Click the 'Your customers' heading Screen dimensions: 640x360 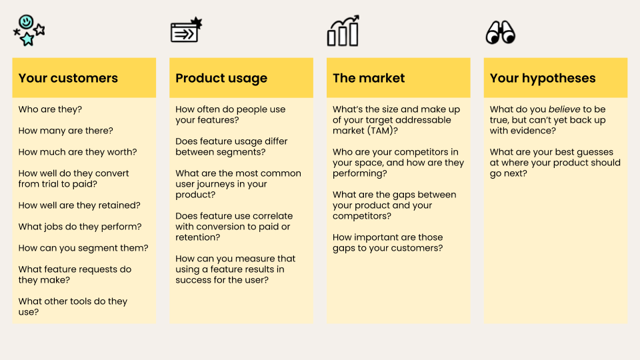click(x=68, y=78)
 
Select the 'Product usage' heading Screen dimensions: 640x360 click(x=221, y=79)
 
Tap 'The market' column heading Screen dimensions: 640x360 click(x=369, y=78)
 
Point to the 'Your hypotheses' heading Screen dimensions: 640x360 click(x=543, y=79)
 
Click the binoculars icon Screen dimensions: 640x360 click(x=501, y=32)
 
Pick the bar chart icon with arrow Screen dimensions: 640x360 click(x=343, y=31)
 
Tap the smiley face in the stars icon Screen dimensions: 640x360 click(x=26, y=21)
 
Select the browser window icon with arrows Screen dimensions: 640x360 click(x=186, y=30)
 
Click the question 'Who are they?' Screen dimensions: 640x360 click(x=50, y=109)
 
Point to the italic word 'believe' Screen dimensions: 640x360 click(x=564, y=109)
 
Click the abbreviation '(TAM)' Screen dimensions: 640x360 click(x=382, y=131)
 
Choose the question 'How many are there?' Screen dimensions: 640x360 click(x=66, y=131)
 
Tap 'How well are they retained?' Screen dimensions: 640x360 click(x=79, y=205)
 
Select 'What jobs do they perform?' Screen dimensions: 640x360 click(x=80, y=227)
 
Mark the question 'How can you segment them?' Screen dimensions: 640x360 click(x=83, y=248)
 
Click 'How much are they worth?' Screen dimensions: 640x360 click(x=77, y=152)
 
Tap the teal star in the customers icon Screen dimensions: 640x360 click(x=27, y=39)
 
